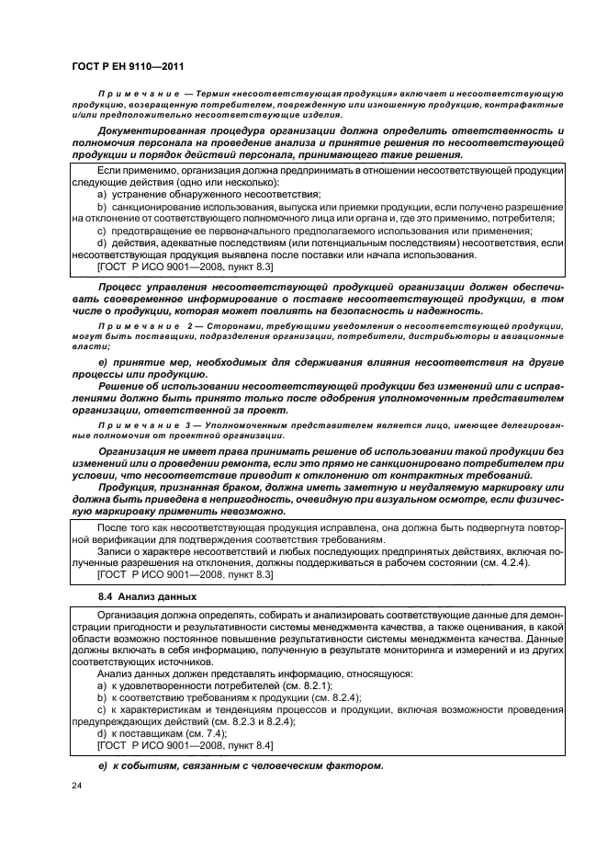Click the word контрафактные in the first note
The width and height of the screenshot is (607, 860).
tap(523, 104)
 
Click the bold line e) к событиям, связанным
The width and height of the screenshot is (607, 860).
tap(239, 766)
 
